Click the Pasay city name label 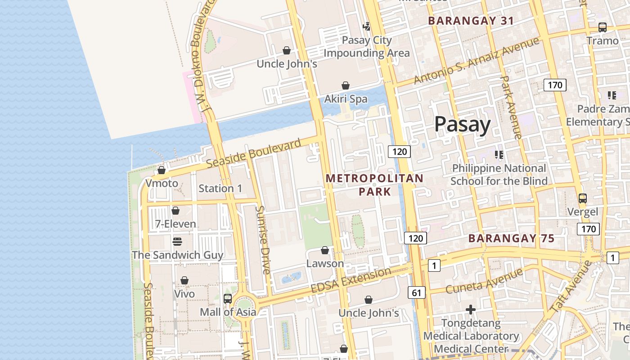click(463, 124)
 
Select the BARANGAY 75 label click(512, 238)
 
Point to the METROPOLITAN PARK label click(374, 184)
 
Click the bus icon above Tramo click(603, 27)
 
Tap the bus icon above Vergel click(582, 198)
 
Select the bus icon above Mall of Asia click(228, 298)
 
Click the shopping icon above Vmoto click(161, 170)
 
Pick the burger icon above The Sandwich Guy click(177, 242)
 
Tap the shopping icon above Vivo click(184, 281)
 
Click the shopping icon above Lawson click(325, 250)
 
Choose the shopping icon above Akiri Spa click(346, 85)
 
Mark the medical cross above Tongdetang click(471, 310)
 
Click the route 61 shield click(417, 293)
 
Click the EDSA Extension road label click(351, 280)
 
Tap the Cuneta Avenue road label click(484, 280)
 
